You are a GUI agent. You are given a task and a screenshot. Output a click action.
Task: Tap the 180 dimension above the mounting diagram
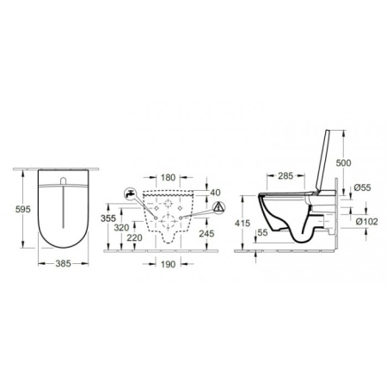pos(169,177)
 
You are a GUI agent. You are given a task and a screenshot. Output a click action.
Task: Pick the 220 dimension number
pos(135,238)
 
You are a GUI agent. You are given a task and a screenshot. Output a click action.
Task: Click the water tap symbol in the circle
pos(129,194)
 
